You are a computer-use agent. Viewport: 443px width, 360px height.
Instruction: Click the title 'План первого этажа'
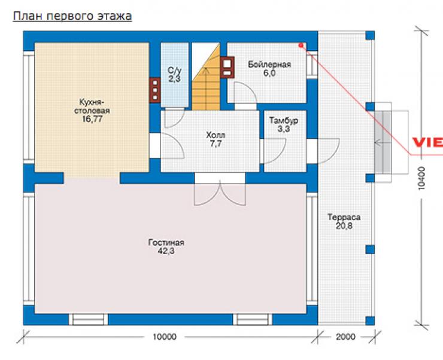point(72,16)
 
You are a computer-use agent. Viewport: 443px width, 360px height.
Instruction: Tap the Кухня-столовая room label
point(92,106)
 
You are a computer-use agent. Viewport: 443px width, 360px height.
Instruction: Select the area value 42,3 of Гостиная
point(166,251)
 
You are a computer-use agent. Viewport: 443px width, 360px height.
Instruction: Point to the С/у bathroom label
point(175,70)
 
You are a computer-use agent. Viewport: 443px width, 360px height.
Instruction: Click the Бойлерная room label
point(269,65)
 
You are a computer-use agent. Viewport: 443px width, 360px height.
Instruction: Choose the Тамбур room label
point(283,120)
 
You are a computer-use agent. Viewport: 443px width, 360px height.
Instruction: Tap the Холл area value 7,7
point(216,144)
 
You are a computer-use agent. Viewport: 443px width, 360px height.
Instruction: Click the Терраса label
point(344,217)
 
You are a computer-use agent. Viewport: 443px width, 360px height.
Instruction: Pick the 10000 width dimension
point(165,337)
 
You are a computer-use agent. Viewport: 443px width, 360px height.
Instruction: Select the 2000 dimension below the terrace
point(345,337)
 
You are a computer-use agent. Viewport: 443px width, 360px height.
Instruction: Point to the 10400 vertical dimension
point(421,178)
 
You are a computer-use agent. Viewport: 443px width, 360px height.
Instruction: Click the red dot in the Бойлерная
point(301,45)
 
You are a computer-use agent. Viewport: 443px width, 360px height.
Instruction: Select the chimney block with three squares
point(155,90)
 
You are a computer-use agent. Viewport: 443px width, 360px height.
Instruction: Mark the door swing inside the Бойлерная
point(245,93)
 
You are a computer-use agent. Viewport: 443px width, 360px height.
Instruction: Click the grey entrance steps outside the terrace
point(383,142)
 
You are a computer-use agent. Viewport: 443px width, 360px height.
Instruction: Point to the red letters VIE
point(427,142)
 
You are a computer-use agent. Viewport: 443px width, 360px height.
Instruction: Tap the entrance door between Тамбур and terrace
point(328,151)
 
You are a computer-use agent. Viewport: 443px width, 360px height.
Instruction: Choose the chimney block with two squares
point(227,68)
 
